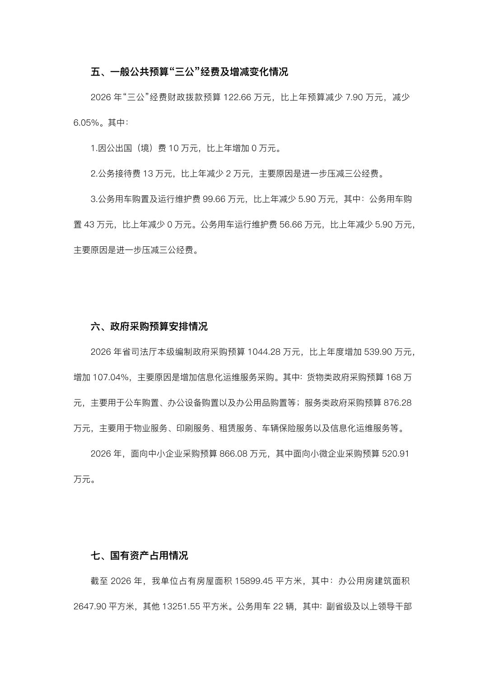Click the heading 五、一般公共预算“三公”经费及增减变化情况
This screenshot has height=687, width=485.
(189, 72)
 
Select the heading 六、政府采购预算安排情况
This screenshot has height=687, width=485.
(149, 326)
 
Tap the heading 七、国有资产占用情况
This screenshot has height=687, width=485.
(139, 555)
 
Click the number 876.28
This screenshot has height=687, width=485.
(397, 402)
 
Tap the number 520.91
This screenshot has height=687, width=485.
(396, 453)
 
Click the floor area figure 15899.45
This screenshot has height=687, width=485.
(253, 581)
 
